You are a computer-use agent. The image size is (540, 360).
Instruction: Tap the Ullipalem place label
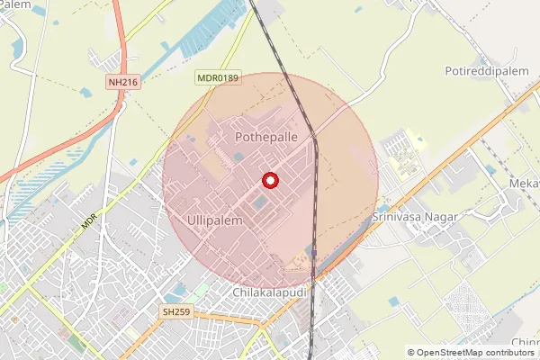pos(216,220)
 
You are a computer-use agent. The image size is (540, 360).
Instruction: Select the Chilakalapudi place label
pos(270,293)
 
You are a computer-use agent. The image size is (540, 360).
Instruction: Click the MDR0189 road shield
pos(218,79)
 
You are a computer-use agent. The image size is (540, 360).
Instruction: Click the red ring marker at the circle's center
pos(270,180)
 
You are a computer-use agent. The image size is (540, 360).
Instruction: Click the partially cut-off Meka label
pos(525,184)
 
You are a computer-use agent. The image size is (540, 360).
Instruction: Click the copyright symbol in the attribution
pos(411,353)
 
